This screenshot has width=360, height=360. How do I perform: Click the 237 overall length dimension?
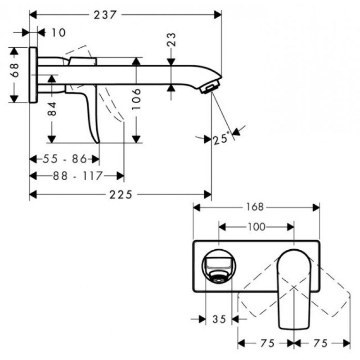pyautogui.click(x=105, y=15)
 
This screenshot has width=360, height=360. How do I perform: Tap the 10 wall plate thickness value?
pyautogui.click(x=58, y=32)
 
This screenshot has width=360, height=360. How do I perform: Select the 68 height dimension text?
pyautogui.click(x=14, y=70)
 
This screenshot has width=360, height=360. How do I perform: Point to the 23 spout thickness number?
pyautogui.click(x=172, y=40)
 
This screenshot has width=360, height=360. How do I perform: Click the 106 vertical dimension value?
pyautogui.click(x=136, y=99)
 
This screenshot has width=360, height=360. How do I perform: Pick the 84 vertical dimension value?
pyautogui.click(x=52, y=109)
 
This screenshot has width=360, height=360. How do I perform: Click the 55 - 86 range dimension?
pyautogui.click(x=65, y=159)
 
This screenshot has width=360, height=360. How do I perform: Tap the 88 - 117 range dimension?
pyautogui.click(x=77, y=176)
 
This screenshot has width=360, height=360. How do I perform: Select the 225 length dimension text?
pyautogui.click(x=121, y=195)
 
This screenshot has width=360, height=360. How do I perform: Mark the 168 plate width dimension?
pyautogui.click(x=255, y=207)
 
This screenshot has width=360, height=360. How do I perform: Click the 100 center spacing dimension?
pyautogui.click(x=256, y=227)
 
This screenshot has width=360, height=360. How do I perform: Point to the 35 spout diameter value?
pyautogui.click(x=219, y=319)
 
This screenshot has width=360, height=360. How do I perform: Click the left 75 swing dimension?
pyautogui.click(x=267, y=343)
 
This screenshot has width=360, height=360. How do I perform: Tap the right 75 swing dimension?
pyautogui.click(x=320, y=343)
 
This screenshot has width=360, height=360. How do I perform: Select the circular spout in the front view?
pyautogui.click(x=219, y=265)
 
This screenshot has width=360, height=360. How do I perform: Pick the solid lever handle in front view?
pyautogui.click(x=294, y=289)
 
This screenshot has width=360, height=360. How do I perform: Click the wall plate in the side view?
pyautogui.click(x=33, y=75)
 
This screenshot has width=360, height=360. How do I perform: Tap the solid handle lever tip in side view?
pyautogui.click(x=98, y=142)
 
